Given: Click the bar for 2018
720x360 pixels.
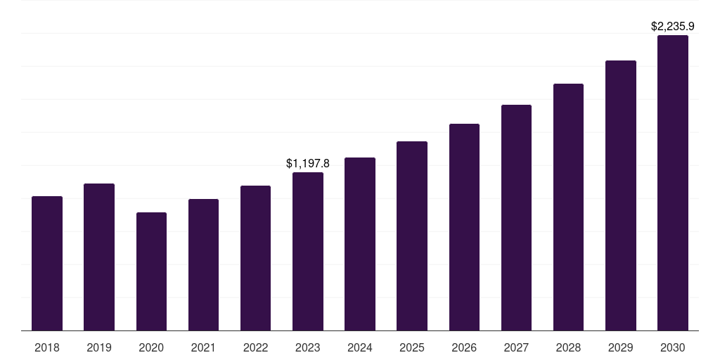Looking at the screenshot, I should [47, 263].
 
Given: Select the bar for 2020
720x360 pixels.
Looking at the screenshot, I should [151, 271].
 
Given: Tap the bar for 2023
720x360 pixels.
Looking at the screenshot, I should [308, 251].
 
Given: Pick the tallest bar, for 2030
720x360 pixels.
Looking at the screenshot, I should [673, 183].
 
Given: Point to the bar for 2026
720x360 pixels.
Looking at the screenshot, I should [464, 227].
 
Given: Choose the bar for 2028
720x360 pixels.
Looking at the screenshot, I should [568, 207].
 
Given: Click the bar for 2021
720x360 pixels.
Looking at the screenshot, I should [203, 264].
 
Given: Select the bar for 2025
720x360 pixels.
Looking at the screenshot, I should [412, 236].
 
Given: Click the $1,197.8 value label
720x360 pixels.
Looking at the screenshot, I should [308, 163].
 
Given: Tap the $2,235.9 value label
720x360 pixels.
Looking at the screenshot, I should [673, 27].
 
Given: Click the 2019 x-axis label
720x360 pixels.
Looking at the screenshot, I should [99, 347].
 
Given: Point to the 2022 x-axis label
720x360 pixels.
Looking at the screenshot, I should [255, 347].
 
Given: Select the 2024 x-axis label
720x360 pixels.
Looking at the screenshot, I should [360, 347].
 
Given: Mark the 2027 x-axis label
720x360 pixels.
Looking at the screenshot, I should [516, 347].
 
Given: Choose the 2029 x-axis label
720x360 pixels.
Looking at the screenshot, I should [621, 347].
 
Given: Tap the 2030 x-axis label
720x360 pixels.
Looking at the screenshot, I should [673, 347].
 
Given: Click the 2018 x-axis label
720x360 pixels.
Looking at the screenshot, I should [47, 347].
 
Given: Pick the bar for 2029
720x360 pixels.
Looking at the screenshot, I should [621, 195].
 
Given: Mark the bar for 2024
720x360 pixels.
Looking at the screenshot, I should [360, 244].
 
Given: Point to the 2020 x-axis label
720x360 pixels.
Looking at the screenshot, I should [151, 347].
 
